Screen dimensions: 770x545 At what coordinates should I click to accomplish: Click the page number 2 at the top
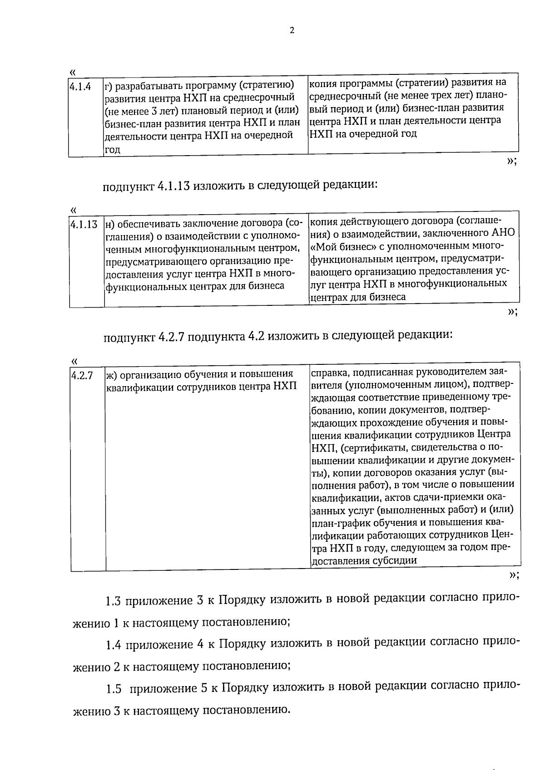[292, 30]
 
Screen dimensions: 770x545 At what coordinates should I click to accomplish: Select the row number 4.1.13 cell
[84, 224]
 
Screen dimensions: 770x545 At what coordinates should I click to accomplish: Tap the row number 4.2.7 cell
[82, 376]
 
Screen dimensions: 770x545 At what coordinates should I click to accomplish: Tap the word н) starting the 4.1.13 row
[109, 224]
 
